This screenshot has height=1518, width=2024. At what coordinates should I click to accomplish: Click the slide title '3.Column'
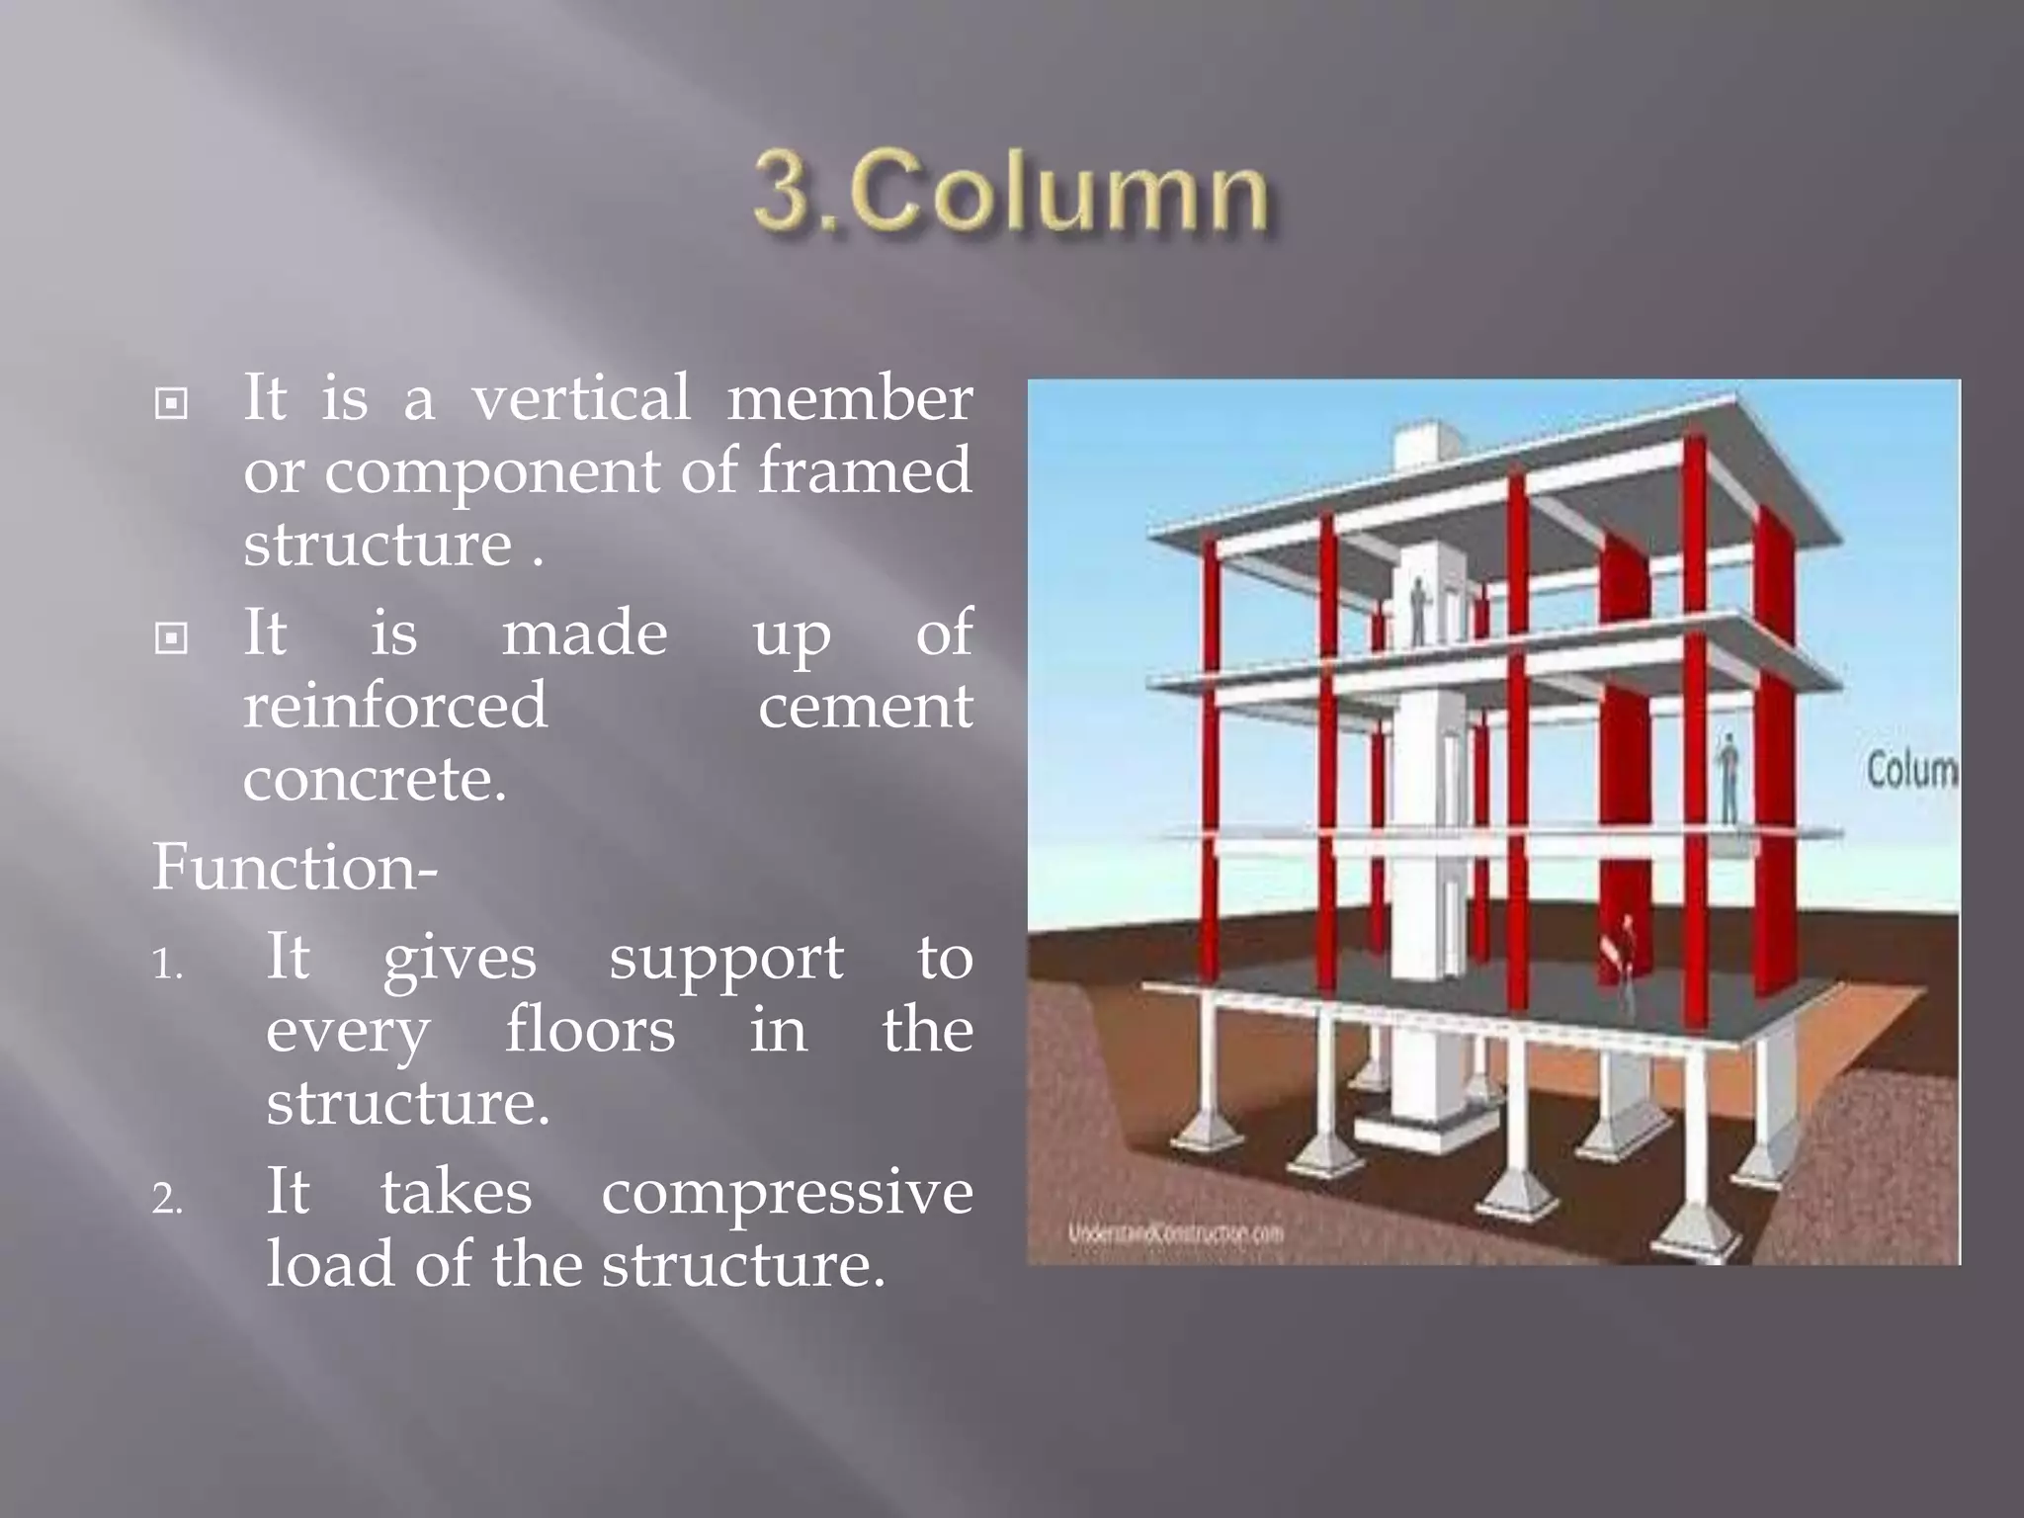click(1010, 192)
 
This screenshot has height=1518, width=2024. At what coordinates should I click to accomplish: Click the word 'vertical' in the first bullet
click(580, 398)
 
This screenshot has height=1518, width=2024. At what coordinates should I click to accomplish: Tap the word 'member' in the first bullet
click(850, 398)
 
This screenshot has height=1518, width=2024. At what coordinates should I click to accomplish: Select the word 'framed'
click(865, 471)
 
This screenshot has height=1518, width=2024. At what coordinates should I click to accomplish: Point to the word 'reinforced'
click(394, 706)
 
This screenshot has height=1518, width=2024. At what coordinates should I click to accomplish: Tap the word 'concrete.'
click(375, 780)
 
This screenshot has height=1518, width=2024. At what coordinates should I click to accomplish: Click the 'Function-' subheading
click(295, 868)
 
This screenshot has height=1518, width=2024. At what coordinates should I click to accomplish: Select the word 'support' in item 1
click(725, 959)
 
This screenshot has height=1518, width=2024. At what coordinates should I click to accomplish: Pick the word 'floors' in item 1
click(590, 1031)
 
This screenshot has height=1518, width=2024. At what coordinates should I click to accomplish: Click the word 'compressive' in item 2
click(787, 1193)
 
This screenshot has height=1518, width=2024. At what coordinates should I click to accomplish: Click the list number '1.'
click(168, 964)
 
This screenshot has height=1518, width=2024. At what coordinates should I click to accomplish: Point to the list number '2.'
click(168, 1199)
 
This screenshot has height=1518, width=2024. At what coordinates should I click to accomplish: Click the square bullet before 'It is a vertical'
click(172, 404)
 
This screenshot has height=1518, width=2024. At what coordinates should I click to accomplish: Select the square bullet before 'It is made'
click(172, 639)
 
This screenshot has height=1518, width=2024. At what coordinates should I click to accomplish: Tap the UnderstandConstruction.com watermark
click(1175, 1232)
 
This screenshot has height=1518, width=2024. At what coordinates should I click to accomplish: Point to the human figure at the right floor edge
click(1729, 778)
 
